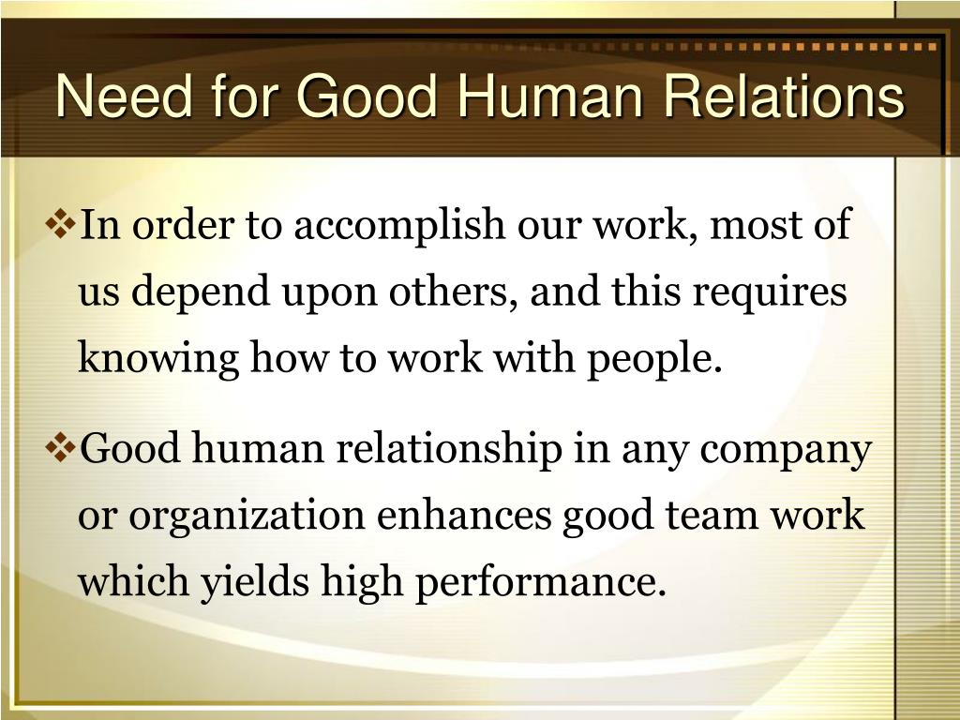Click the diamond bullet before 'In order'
tap(63, 225)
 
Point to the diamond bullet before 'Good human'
tap(63, 449)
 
